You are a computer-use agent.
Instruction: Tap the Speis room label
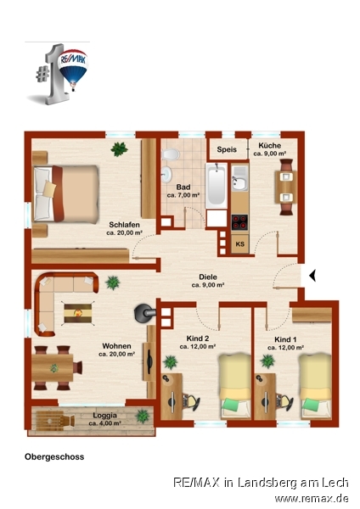tap(227, 149)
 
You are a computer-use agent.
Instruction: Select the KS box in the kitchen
tap(240, 243)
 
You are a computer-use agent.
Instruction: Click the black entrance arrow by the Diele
tap(312, 277)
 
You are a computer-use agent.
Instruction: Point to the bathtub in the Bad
tap(216, 185)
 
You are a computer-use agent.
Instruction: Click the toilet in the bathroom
tap(171, 154)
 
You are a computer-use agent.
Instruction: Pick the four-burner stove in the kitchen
tap(239, 222)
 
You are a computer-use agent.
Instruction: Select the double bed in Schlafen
tap(66, 193)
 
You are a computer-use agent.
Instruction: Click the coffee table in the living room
tap(77, 313)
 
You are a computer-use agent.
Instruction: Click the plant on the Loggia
tap(142, 417)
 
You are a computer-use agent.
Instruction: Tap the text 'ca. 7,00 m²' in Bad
tap(183, 195)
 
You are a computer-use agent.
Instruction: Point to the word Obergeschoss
tap(54, 456)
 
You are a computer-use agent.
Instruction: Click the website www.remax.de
tap(312, 498)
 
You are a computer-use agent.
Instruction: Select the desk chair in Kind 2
tap(191, 401)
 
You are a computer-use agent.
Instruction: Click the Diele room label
tap(208, 277)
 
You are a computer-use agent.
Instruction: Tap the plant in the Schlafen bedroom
tap(119, 149)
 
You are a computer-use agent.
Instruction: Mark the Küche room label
tap(270, 145)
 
